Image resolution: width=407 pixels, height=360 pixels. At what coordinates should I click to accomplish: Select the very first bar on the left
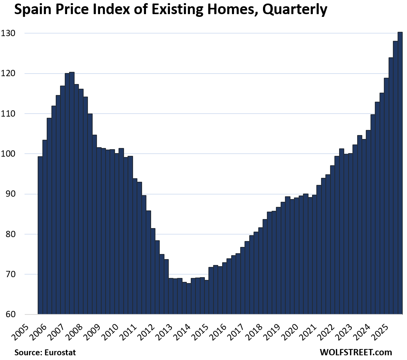(40, 236)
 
